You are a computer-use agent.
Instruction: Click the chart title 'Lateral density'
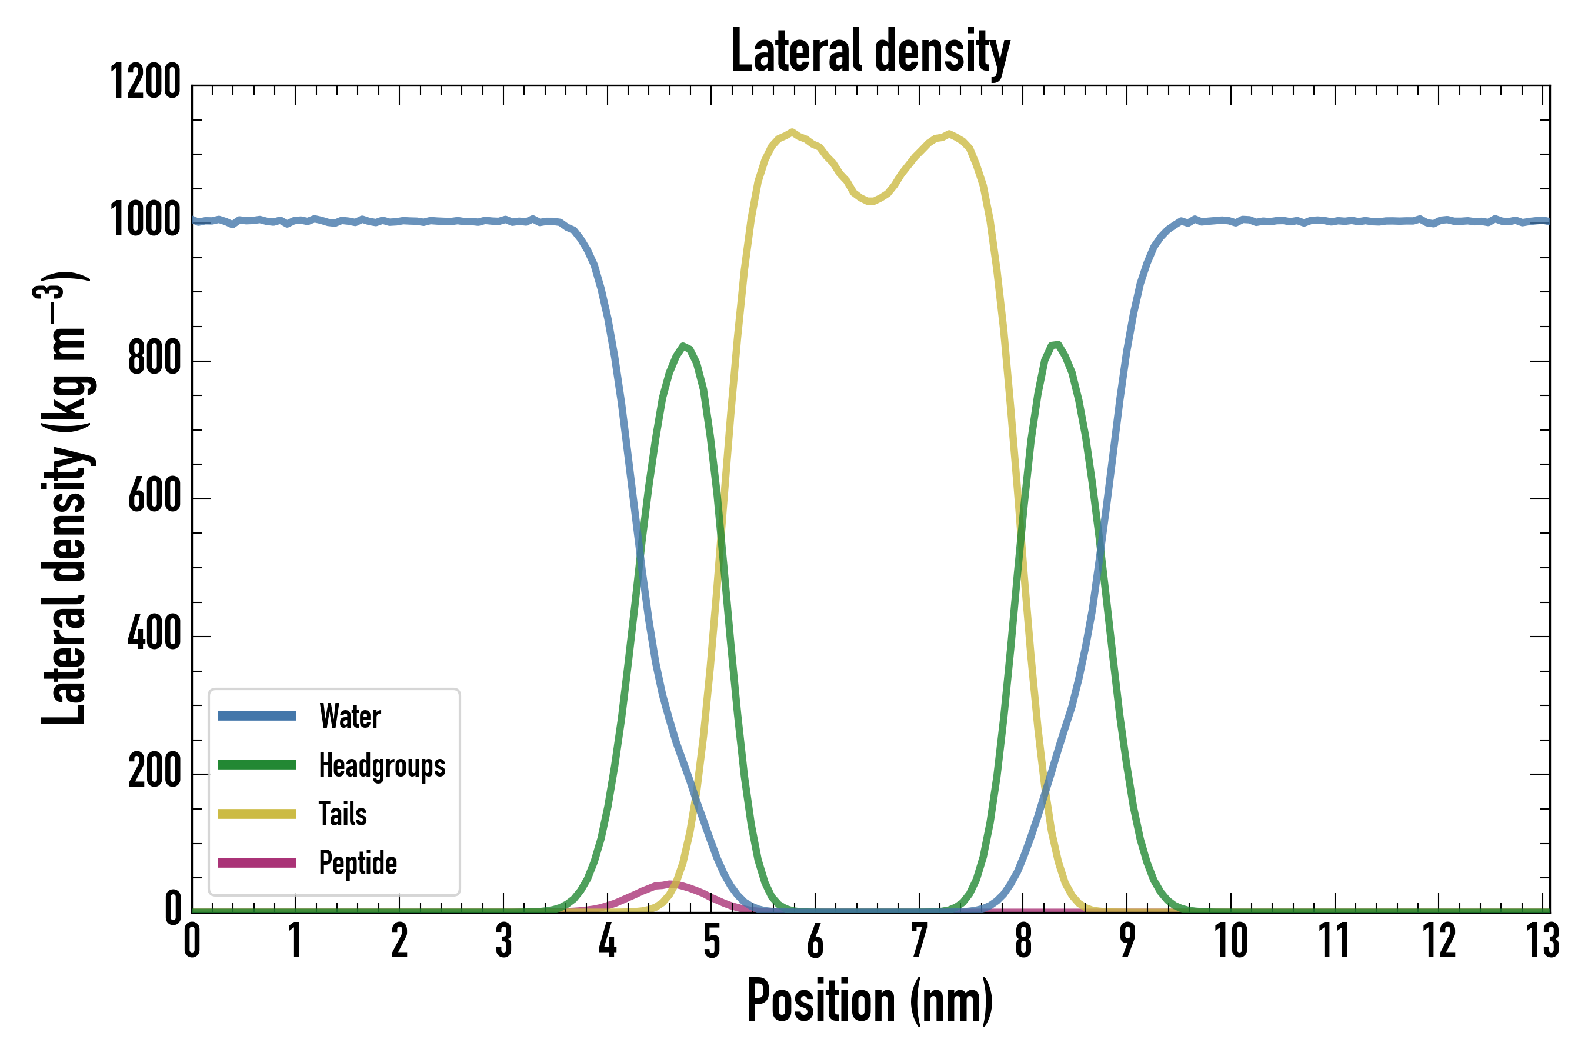(x=870, y=51)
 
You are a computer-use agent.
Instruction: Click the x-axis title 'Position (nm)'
(x=870, y=1001)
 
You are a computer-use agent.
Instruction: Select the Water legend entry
(x=350, y=716)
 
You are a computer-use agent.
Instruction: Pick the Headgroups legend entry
(x=382, y=765)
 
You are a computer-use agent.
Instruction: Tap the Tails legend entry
(x=342, y=814)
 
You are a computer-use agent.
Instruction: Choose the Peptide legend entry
(x=357, y=862)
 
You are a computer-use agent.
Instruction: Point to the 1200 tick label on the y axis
(x=145, y=82)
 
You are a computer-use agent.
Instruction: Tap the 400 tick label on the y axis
(x=155, y=634)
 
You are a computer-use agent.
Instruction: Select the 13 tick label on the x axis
(x=1542, y=941)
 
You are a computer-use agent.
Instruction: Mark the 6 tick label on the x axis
(x=815, y=941)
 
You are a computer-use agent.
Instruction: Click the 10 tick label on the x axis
(x=1231, y=941)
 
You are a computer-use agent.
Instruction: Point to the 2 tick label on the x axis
(x=399, y=941)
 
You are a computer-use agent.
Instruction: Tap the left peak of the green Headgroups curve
(x=683, y=346)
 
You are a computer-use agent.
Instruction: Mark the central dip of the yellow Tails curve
(x=871, y=201)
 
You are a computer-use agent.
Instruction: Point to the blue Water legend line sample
(x=256, y=716)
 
